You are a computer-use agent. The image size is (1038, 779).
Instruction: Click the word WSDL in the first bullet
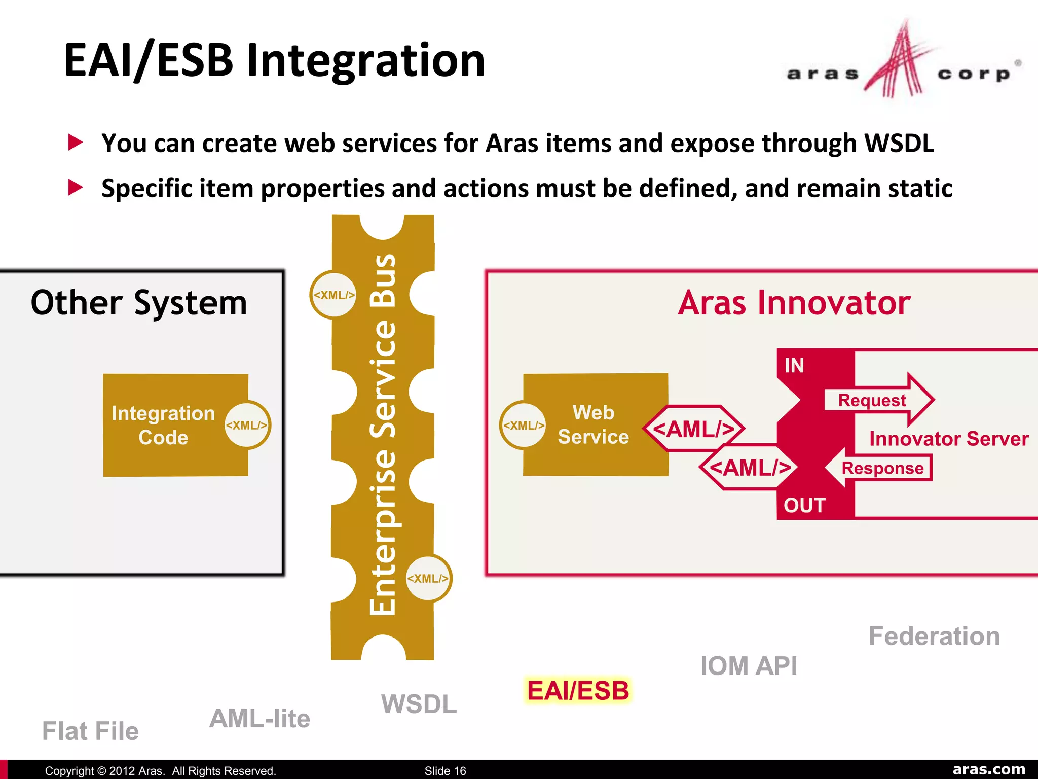(x=898, y=144)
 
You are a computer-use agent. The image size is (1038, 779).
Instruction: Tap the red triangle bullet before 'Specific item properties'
(x=75, y=187)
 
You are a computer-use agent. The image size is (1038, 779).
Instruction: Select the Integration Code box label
(x=163, y=425)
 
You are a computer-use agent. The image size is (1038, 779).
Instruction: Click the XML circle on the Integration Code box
(x=247, y=425)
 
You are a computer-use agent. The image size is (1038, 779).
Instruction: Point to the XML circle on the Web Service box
(x=523, y=425)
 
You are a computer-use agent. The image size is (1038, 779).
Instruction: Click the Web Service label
(x=593, y=424)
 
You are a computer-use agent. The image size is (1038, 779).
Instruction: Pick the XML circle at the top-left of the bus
(x=333, y=295)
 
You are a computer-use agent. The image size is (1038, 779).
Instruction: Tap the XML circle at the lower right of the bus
(x=428, y=578)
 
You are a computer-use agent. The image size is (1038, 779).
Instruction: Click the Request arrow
(x=877, y=400)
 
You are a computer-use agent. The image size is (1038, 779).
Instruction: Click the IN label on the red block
(x=794, y=365)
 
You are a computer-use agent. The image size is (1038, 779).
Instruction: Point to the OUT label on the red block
(x=804, y=505)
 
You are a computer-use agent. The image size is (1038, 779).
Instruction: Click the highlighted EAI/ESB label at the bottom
(x=578, y=691)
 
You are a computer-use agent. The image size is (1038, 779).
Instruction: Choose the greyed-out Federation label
(x=934, y=636)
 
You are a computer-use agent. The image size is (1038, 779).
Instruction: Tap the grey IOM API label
(x=749, y=666)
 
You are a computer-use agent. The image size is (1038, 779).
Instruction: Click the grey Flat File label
(x=90, y=731)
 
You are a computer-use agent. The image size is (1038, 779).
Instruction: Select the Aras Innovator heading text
(x=794, y=303)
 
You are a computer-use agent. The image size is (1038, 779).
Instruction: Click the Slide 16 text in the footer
(x=445, y=771)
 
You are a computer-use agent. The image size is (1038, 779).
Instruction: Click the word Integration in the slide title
(x=365, y=60)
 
